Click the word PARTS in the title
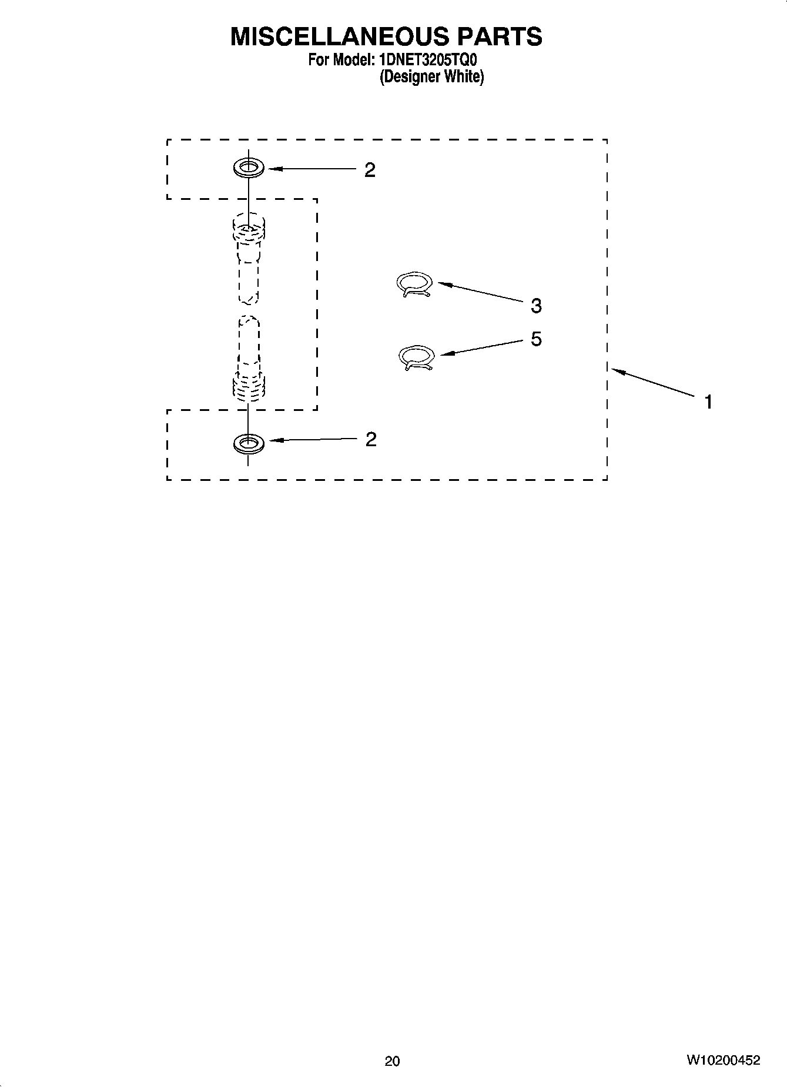500,37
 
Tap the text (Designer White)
431,77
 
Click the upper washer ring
248,168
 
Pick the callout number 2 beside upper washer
370,170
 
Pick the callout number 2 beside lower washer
370,439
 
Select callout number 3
536,306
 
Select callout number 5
536,339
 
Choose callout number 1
709,402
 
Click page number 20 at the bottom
392,1061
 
